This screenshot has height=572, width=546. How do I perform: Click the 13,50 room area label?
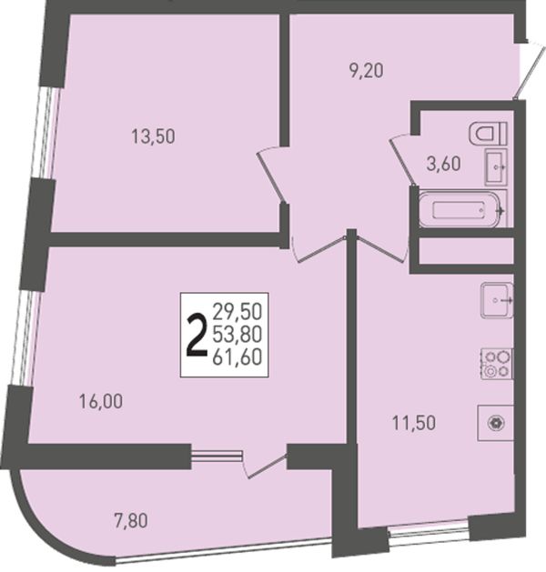pos(153,136)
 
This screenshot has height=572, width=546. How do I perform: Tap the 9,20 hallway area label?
pos(366,71)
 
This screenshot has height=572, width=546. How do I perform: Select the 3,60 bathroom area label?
pos(443,164)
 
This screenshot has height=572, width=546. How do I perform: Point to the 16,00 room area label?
pos(101,402)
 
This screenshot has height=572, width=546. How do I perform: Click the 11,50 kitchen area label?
pos(414,423)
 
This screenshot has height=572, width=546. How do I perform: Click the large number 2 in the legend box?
pos(197,336)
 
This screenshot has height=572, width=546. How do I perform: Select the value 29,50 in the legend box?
pos(238,312)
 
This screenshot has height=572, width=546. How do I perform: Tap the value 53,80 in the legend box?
pos(238,335)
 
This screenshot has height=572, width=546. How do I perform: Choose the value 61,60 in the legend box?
pos(238,357)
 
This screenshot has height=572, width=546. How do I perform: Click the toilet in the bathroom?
pos(488,133)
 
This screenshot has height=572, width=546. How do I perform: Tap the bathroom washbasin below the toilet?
pos(496,166)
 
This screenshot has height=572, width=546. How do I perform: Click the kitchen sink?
pos(497,300)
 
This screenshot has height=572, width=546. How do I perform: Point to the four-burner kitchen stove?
pos(497,364)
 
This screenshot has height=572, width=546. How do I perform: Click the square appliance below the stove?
pos(496,423)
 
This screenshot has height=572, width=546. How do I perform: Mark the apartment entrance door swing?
pos(526,69)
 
